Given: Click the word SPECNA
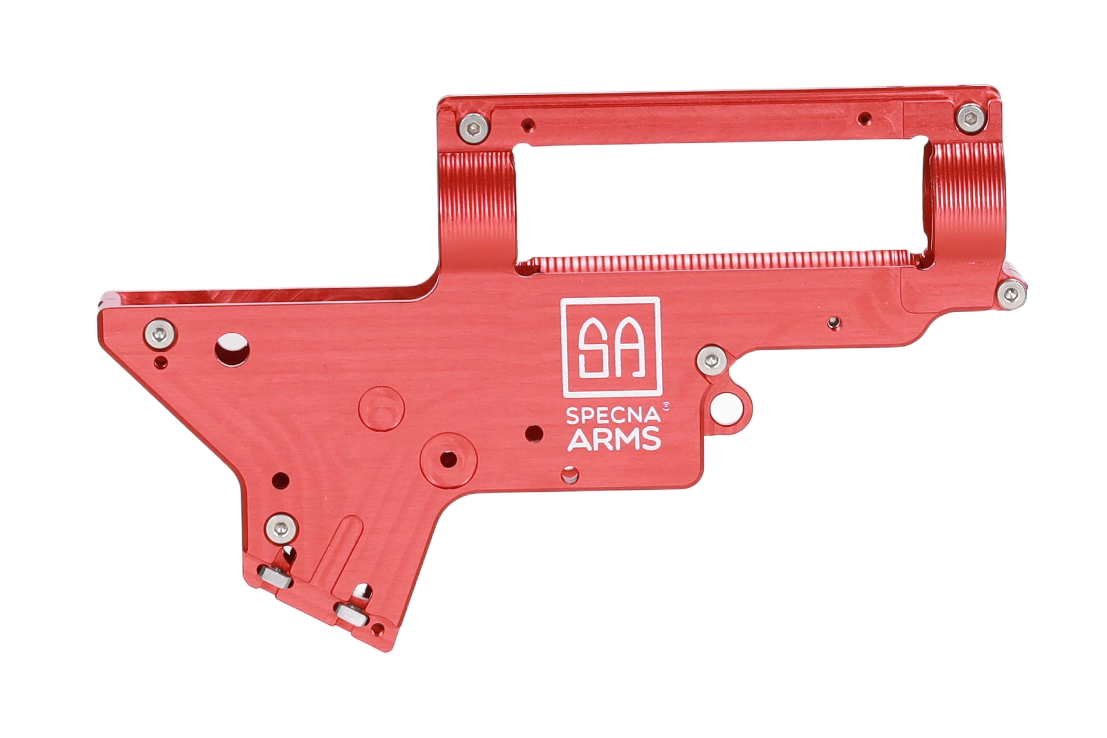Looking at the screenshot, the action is (x=613, y=416).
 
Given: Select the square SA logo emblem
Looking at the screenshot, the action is (x=611, y=348).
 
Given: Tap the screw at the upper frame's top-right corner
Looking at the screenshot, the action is (x=971, y=118).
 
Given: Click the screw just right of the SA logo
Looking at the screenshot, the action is (x=712, y=361).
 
